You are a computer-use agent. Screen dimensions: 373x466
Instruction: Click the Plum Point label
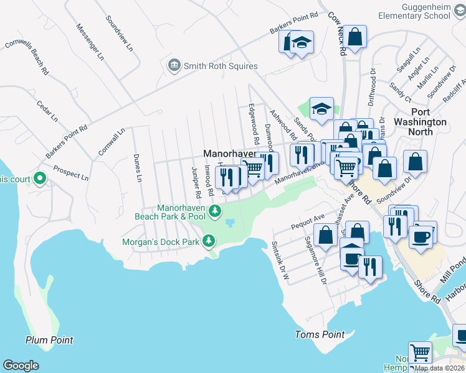49,340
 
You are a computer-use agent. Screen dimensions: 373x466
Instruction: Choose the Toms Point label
319,334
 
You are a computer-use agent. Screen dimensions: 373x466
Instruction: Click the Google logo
21,366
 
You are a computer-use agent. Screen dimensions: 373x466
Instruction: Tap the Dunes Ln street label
138,168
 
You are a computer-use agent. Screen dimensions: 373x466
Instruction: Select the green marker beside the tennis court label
40,180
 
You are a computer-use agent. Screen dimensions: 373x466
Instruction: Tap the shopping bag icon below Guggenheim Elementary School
355,36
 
